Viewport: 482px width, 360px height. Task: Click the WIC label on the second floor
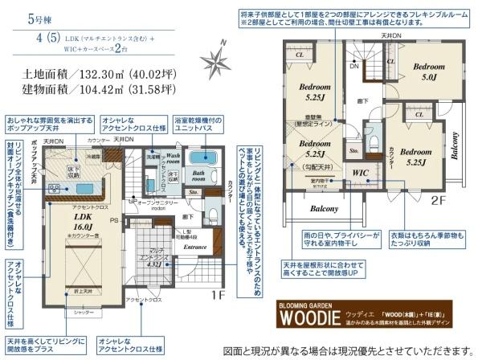point(360,171)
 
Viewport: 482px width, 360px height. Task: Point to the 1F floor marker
point(216,295)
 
